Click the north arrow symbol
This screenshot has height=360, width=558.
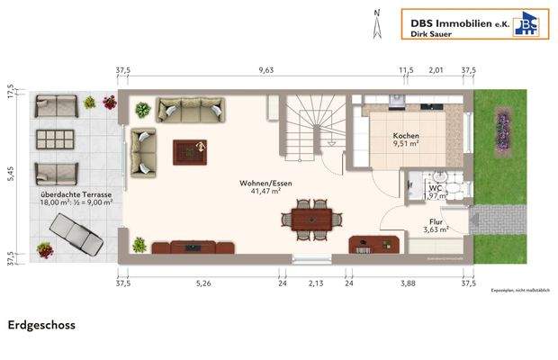pyautogui.click(x=377, y=22)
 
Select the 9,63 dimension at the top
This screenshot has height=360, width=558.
pyautogui.click(x=265, y=69)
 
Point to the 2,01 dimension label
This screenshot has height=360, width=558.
pyautogui.click(x=436, y=69)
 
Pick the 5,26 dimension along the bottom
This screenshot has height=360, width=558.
pyautogui.click(x=203, y=283)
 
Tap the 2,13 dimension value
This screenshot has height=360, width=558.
pyautogui.click(x=315, y=283)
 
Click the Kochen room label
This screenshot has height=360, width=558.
pyautogui.click(x=406, y=136)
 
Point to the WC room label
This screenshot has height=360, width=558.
pyautogui.click(x=435, y=188)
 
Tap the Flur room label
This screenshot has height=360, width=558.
pyautogui.click(x=436, y=220)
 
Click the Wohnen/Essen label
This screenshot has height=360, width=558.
pyautogui.click(x=265, y=184)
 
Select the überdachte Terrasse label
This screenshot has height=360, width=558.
pyautogui.click(x=76, y=194)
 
